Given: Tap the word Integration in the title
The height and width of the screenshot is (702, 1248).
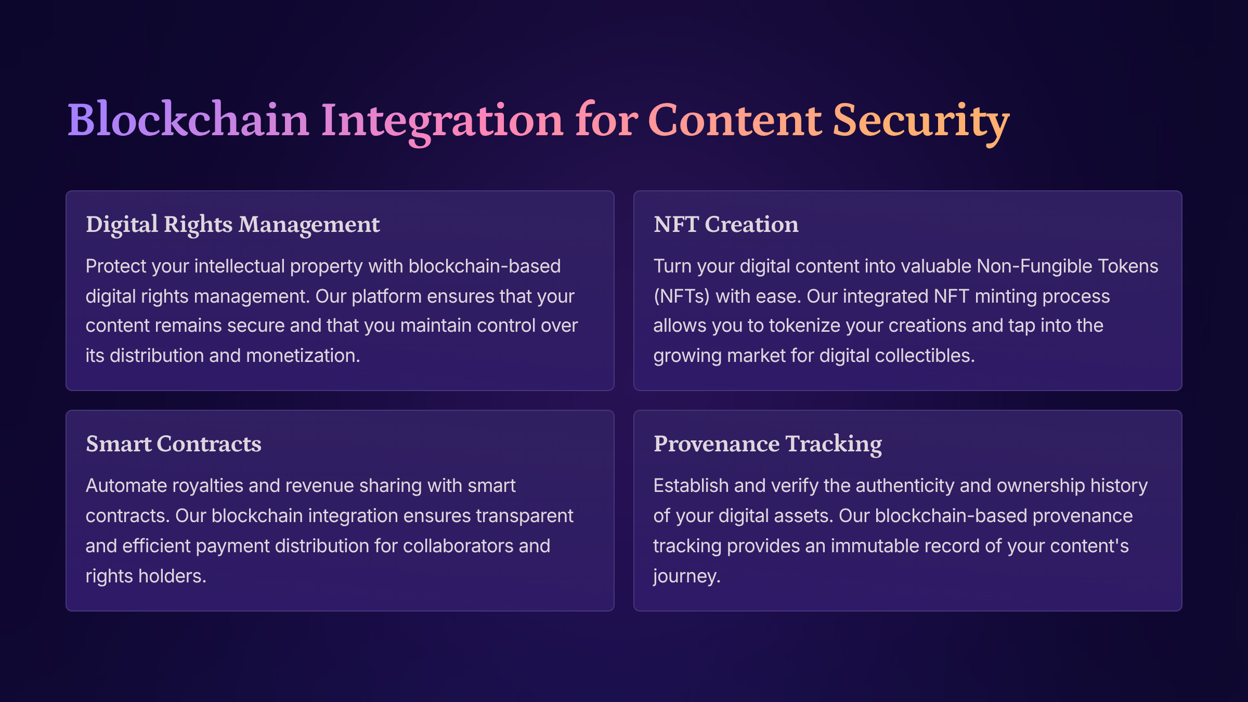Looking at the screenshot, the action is [x=442, y=123].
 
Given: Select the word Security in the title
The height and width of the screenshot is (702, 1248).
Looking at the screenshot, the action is [x=921, y=123].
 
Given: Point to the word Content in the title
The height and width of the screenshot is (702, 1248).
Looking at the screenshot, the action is [x=735, y=120].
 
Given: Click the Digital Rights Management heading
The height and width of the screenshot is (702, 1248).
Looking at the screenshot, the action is [x=233, y=225].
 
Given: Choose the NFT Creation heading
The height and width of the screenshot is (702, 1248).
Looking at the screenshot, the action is [x=726, y=224].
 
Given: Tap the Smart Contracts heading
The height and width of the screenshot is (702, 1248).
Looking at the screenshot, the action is [x=174, y=444].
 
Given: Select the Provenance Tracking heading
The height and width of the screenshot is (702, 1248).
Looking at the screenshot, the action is [x=768, y=445].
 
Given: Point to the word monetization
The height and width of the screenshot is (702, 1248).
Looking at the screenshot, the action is [x=303, y=355].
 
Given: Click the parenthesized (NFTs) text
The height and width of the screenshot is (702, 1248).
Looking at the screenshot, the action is [x=682, y=296].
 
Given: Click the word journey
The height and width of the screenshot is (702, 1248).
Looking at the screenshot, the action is [x=687, y=577].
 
